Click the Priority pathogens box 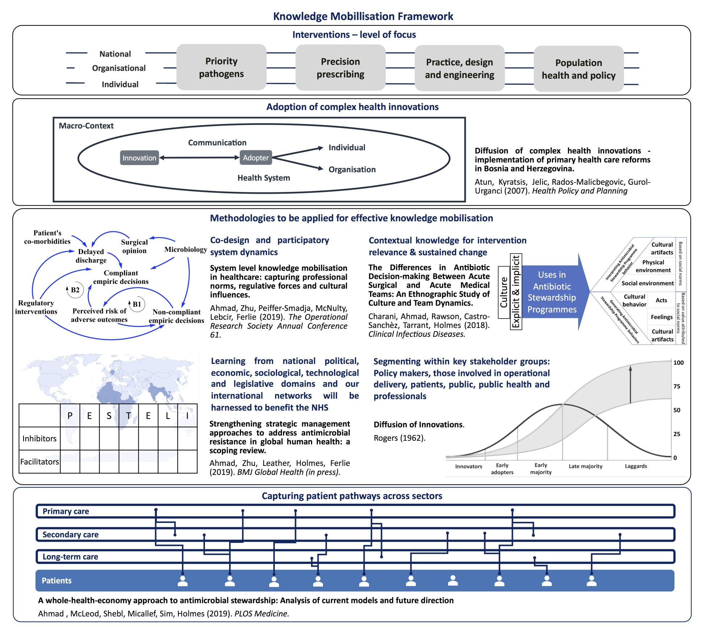[221, 67]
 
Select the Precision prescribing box [340, 68]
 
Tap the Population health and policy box [578, 69]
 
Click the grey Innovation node [139, 158]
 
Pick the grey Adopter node [256, 158]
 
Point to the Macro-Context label [86, 126]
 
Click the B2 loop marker [75, 290]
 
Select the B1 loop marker [137, 304]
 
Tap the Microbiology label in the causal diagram [186, 250]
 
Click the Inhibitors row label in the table [40, 438]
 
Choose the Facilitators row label [40, 462]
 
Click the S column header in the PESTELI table [109, 416]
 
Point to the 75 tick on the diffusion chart [677, 386]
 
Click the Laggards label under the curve [636, 466]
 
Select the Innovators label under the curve [469, 467]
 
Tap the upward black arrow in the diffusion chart [630, 385]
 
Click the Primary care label [66, 511]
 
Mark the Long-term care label [70, 557]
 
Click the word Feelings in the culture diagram [661, 317]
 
